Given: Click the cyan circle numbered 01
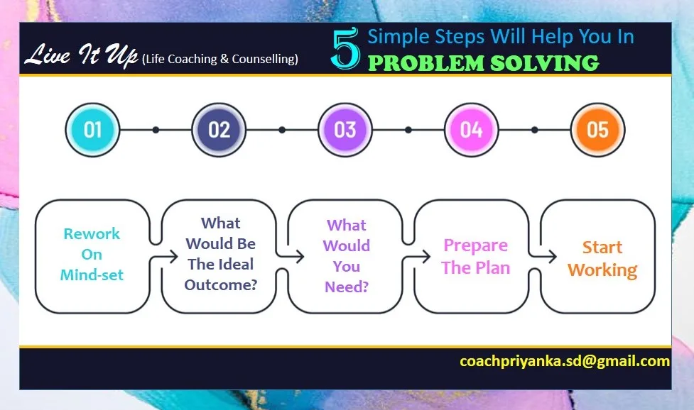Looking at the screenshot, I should click(x=92, y=130).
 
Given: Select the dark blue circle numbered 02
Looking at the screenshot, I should click(x=219, y=130).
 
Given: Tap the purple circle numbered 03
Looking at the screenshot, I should click(x=345, y=130).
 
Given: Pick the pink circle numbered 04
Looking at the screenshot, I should click(x=472, y=130).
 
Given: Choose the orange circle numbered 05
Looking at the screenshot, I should click(x=597, y=130).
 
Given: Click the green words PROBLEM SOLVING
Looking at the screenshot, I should click(x=484, y=63).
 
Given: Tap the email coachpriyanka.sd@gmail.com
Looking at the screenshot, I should click(x=564, y=361).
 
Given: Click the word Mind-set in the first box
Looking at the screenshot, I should click(x=92, y=275).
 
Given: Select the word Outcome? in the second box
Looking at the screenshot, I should click(x=221, y=284).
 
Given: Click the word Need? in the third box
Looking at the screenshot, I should click(x=346, y=287).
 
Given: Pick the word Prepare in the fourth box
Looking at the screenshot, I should click(x=475, y=245).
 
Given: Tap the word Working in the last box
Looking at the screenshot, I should click(x=602, y=270).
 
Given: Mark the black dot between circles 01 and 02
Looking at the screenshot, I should click(x=156, y=130).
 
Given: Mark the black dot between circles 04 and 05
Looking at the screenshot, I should click(x=535, y=130).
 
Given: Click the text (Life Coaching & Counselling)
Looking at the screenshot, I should click(x=220, y=59).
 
